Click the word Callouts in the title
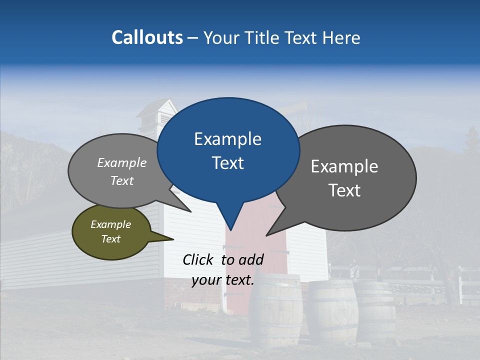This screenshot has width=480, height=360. pos(147,37)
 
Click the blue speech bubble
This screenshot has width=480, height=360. pos(228,150)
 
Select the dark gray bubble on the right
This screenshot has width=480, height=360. pos(350,177)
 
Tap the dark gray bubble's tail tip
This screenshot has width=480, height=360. pos(267,235)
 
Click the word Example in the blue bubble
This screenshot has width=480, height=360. pos(227,139)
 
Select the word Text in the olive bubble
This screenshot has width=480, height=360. pos(111,239)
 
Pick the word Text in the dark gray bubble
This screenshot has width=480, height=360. pos(344,190)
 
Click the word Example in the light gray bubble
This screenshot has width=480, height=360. pos(122,163)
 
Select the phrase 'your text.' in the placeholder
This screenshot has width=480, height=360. pos(223,280)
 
